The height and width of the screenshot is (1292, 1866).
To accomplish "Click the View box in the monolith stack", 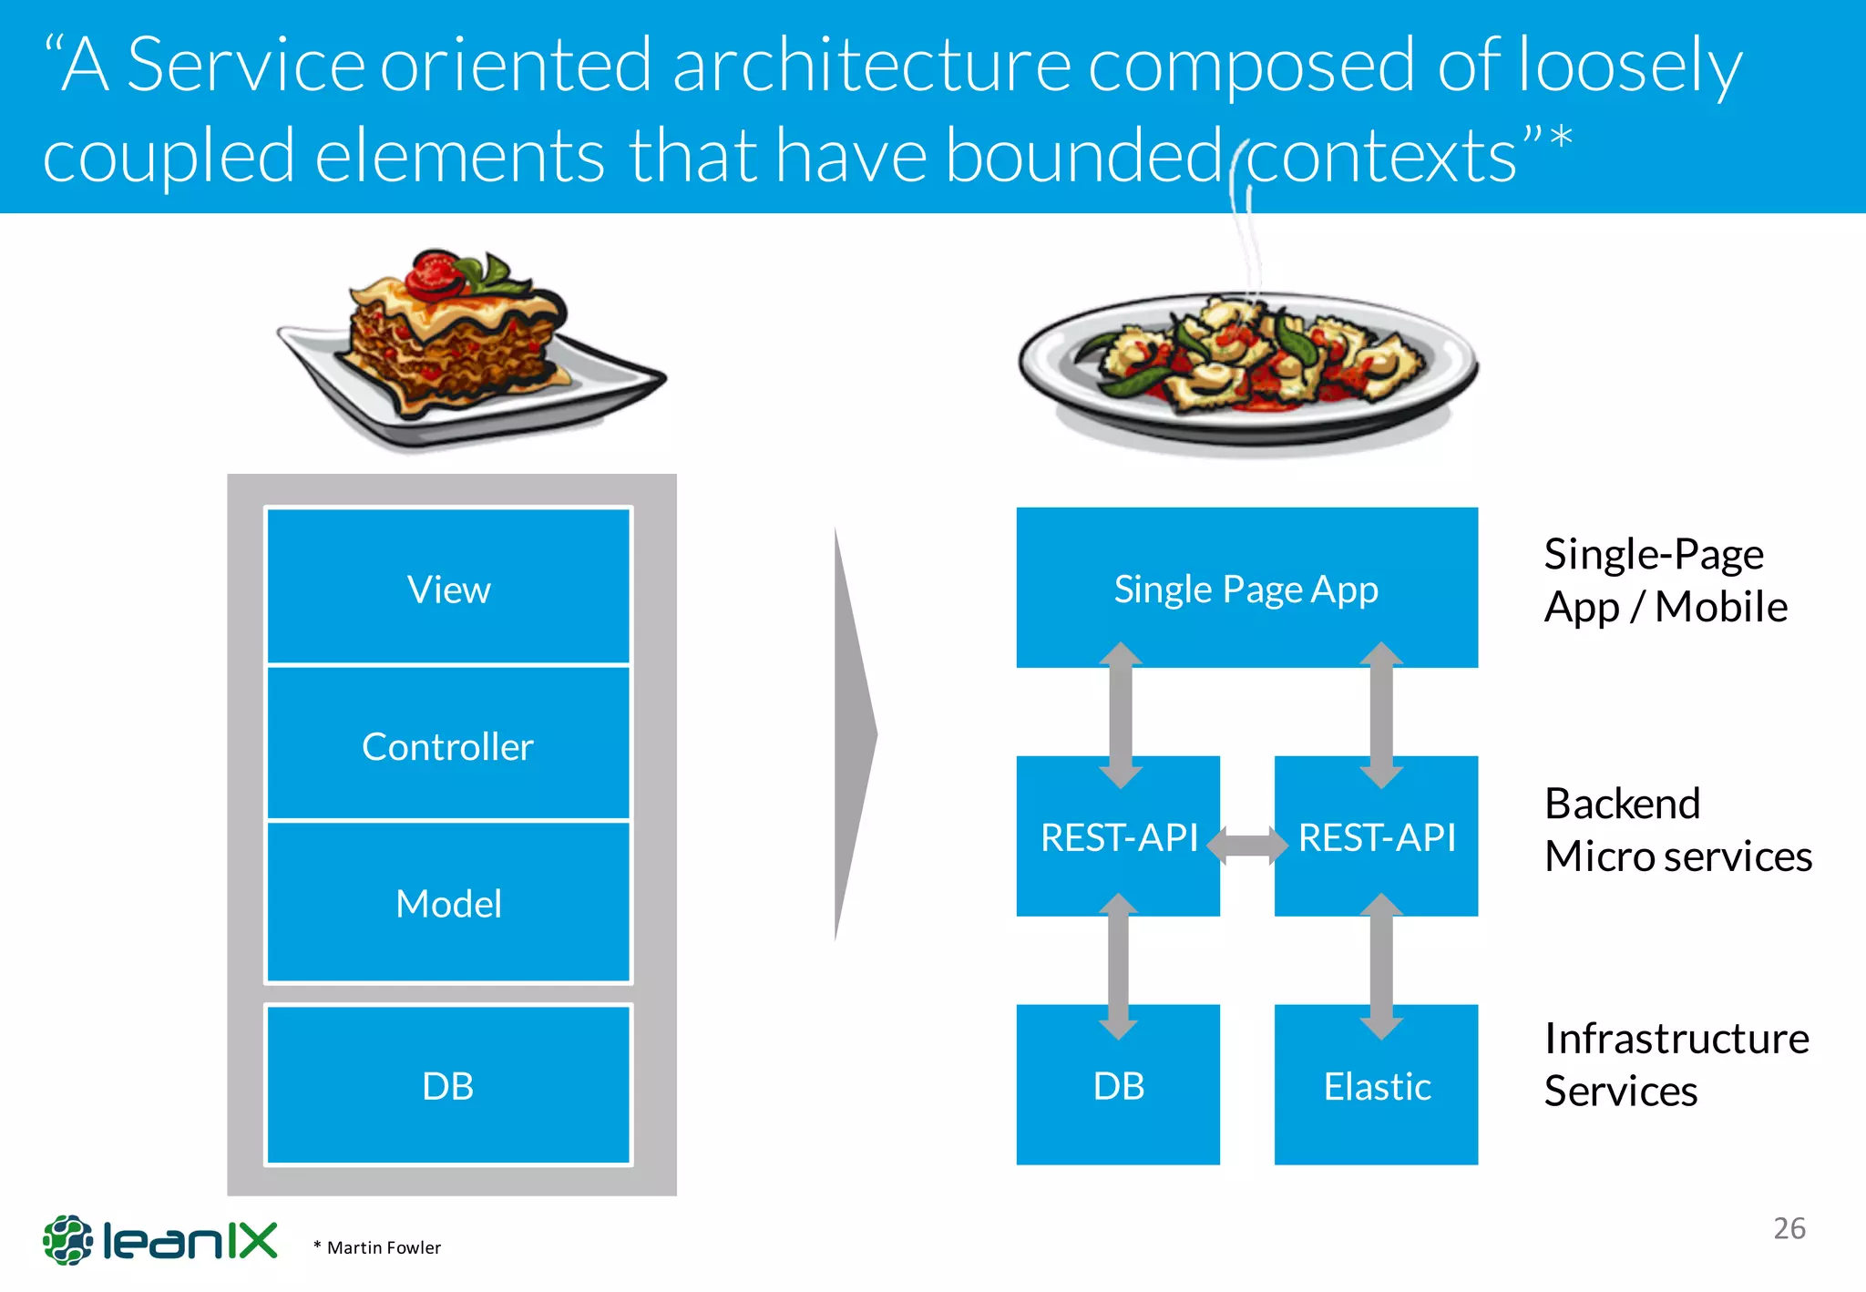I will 448,588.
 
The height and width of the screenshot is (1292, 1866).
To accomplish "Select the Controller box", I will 448,745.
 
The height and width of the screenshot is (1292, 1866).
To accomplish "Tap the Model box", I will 448,902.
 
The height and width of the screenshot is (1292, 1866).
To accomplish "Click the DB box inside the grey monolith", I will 448,1085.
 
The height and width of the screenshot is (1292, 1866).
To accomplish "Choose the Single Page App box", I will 1246,588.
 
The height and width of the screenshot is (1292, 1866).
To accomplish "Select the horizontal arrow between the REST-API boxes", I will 1246,845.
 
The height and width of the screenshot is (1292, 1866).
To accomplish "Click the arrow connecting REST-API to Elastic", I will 1381,966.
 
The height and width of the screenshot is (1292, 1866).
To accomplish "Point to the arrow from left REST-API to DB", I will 1118,966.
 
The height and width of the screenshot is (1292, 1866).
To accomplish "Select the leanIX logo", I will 160,1240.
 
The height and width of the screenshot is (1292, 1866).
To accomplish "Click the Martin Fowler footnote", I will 377,1247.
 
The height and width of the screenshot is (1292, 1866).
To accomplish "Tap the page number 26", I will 1789,1228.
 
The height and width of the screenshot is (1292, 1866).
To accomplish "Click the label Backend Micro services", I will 1676,829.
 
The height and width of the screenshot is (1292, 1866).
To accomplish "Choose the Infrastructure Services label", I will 1675,1064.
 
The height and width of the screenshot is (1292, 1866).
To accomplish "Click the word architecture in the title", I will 871,66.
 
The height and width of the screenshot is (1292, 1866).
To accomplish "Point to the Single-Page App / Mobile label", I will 1664,580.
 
